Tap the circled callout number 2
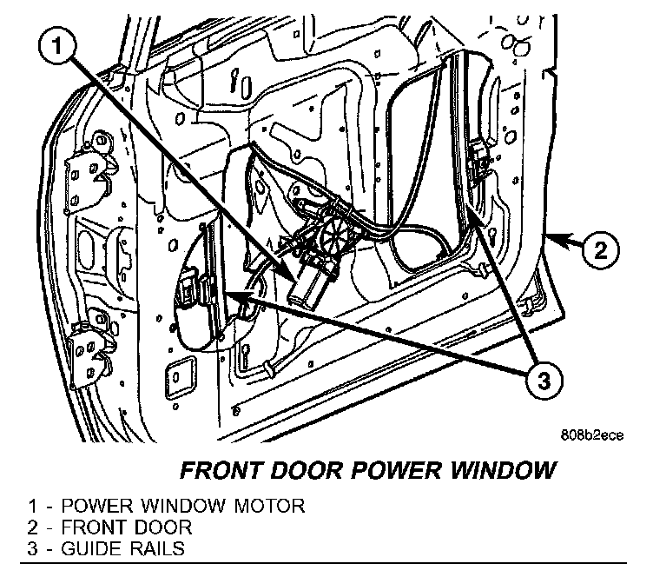tap(600, 252)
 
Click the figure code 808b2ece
tap(592, 438)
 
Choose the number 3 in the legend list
tap(32, 549)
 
